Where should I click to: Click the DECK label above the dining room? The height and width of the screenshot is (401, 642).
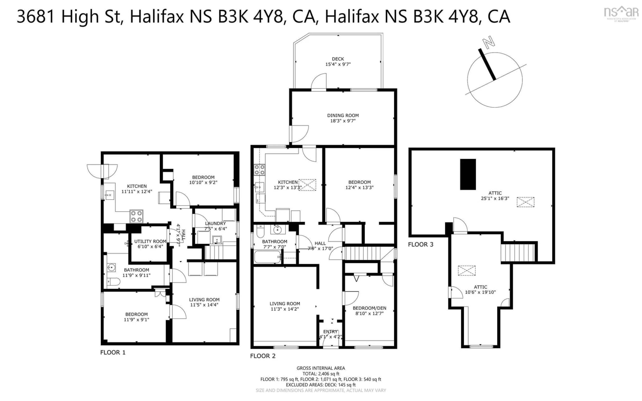(x=338, y=59)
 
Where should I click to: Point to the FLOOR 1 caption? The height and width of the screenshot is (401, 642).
(x=113, y=353)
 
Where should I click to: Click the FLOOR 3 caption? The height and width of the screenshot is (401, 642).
(x=420, y=244)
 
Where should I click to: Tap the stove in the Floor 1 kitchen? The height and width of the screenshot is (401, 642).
(x=136, y=216)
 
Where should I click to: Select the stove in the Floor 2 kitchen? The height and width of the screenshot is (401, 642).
(x=259, y=170)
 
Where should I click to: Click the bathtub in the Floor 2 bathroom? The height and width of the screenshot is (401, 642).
(x=267, y=257)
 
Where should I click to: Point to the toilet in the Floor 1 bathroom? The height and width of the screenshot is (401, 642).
(x=113, y=282)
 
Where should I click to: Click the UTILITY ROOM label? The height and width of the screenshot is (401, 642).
(x=150, y=241)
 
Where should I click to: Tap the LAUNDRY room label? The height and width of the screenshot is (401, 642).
(x=215, y=224)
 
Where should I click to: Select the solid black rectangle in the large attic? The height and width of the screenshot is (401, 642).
(x=468, y=174)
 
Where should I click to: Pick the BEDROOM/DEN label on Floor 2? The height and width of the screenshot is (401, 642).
(x=369, y=308)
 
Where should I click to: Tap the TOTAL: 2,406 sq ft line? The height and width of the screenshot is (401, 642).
(x=321, y=374)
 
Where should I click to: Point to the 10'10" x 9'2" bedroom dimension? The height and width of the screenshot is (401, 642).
(x=203, y=182)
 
